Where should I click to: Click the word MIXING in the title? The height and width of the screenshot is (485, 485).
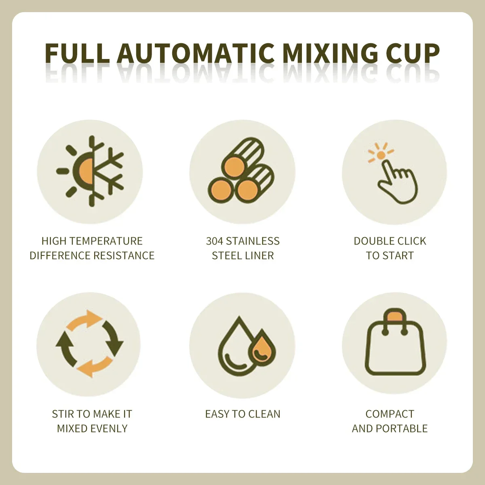(x=330, y=53)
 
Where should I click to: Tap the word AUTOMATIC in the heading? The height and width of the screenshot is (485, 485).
(x=195, y=53)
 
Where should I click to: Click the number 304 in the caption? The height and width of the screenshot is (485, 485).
(x=215, y=241)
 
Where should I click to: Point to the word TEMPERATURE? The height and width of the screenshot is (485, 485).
(x=106, y=241)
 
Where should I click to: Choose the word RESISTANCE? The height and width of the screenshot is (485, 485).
(x=124, y=256)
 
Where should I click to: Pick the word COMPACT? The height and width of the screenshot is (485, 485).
(x=390, y=414)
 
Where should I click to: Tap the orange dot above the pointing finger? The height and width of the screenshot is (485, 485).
(x=381, y=155)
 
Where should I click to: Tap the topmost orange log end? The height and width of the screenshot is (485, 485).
(x=234, y=167)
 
